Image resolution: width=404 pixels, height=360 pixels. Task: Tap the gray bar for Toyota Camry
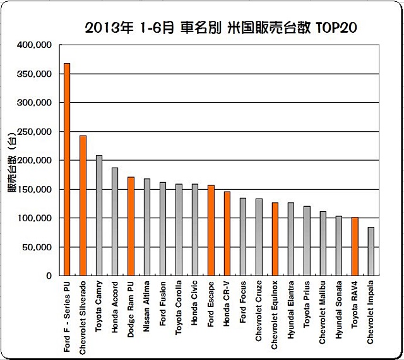[x=98, y=215]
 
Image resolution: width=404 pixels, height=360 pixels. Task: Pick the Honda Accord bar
[x=115, y=221]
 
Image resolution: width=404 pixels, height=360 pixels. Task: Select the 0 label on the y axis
[x=49, y=276]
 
